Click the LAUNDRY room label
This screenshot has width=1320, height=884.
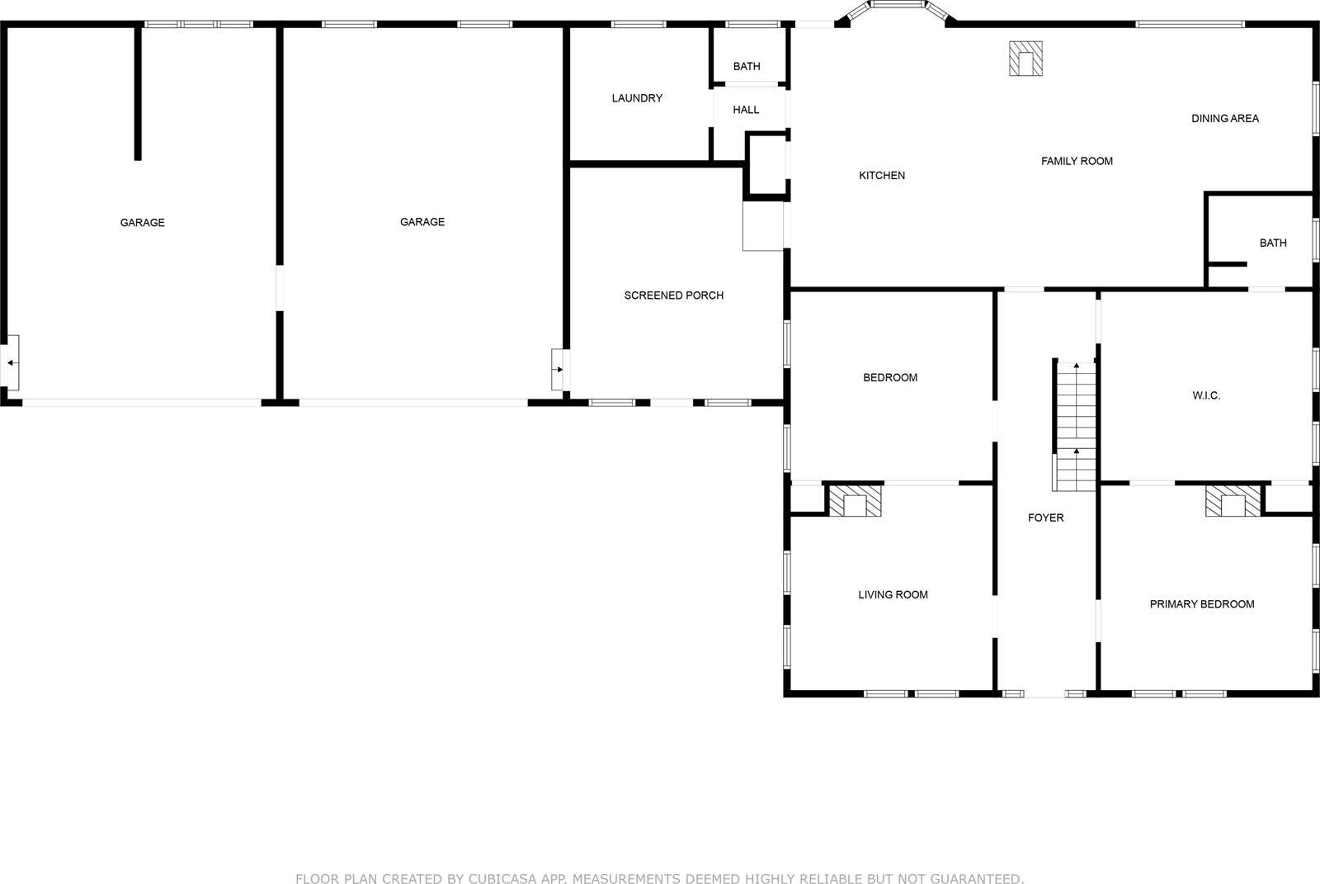point(637,98)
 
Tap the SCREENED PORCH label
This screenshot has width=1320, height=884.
point(673,295)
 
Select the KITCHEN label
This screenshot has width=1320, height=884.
point(882,176)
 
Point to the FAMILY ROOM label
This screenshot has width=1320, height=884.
point(1077,162)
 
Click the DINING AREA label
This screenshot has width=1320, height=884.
point(1224,119)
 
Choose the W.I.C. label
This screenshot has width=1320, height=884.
point(1205,396)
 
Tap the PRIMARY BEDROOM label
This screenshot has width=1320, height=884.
point(1201,604)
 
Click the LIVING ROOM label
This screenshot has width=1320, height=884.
point(893,595)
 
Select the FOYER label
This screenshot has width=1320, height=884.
point(1045,518)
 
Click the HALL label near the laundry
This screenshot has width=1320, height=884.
point(746,110)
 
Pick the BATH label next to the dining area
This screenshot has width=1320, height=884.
point(1272,243)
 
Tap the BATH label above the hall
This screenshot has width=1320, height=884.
point(747,67)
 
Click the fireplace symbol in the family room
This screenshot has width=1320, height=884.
point(1025,59)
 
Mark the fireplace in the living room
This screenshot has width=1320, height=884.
point(855,501)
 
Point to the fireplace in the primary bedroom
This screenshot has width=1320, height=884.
point(1233,501)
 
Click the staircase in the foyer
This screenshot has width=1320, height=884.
point(1075,427)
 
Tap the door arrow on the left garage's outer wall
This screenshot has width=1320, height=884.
point(11,362)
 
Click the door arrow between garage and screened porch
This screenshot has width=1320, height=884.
point(559,369)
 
